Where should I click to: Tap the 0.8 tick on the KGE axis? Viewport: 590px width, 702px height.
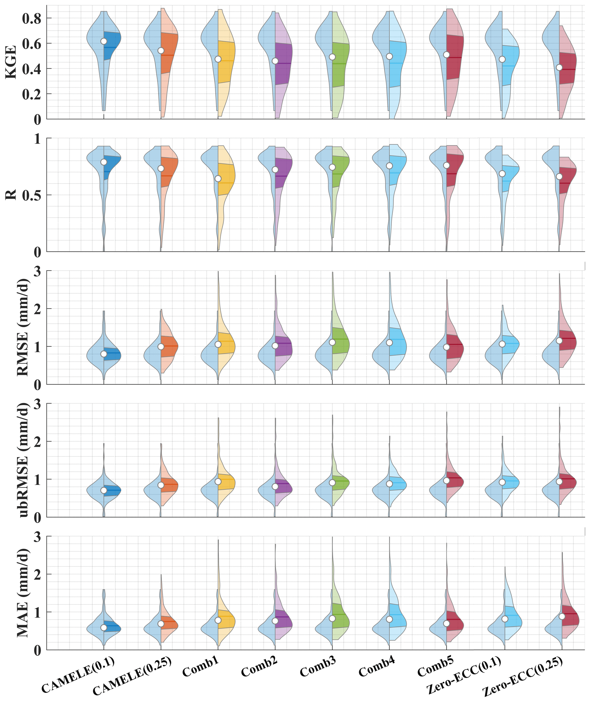[31, 18]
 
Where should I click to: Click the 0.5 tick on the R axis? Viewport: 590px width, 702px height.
[31, 195]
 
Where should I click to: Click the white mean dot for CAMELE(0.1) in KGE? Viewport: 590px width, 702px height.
[104, 41]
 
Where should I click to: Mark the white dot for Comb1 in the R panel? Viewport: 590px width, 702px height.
[218, 179]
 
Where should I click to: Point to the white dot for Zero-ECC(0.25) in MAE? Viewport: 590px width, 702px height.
[562, 616]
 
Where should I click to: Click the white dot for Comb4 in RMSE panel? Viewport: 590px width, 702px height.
[389, 343]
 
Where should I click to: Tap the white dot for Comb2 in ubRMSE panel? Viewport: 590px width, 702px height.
[275, 486]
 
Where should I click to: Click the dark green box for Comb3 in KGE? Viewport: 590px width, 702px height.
[341, 64]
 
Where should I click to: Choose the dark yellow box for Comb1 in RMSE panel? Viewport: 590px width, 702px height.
[226, 343]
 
